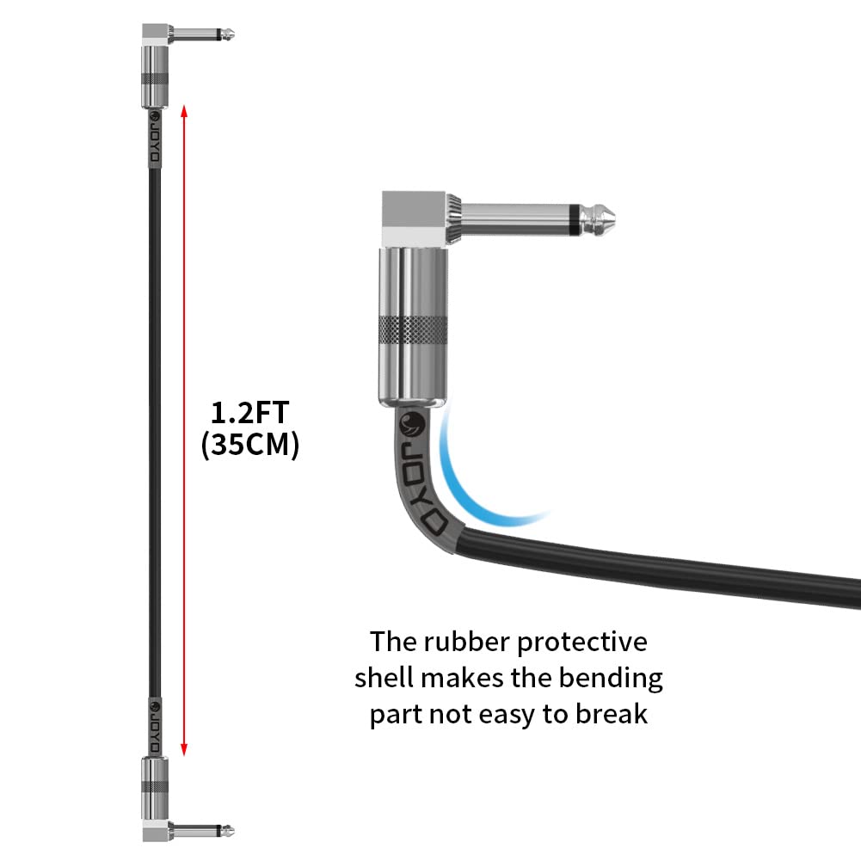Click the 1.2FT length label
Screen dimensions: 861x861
click(249, 413)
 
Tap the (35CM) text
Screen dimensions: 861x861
click(250, 444)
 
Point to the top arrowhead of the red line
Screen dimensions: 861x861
click(184, 111)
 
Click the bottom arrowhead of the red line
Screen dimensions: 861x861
click(184, 749)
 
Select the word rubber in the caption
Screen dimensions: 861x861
click(467, 642)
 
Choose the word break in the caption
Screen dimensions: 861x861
click(612, 714)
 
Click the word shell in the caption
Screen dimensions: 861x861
click(384, 678)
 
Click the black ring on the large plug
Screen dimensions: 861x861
click(574, 219)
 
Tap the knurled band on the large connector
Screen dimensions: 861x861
click(412, 331)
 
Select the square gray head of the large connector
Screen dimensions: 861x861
click(414, 218)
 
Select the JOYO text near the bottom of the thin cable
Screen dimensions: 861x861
click(155, 726)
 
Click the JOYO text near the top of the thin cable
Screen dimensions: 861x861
click(156, 138)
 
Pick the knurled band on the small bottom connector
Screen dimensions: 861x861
click(155, 787)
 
